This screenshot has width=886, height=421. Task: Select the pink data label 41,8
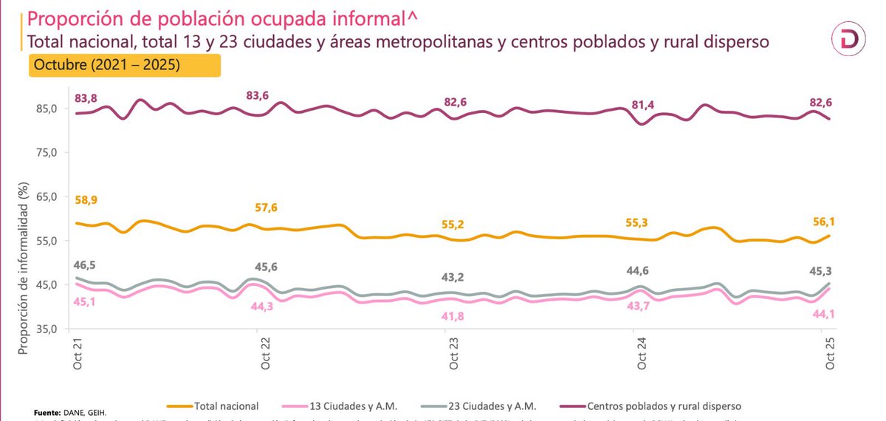point(456,317)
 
